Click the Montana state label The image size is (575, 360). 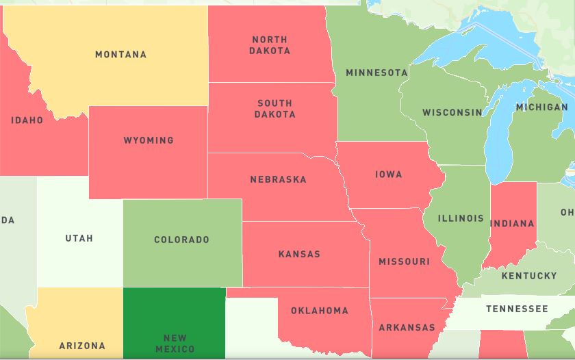(120, 55)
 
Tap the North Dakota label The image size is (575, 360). (269, 45)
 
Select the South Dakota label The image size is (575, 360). (274, 109)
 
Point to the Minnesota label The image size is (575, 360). (376, 73)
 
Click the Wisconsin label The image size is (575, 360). (452, 112)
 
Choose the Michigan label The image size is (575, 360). (541, 107)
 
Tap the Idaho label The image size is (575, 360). (27, 120)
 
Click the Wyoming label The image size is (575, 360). (149, 140)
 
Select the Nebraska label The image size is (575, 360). (278, 180)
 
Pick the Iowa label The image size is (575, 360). (388, 175)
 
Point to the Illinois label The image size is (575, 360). (461, 218)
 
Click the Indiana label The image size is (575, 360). (512, 223)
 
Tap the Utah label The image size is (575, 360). (79, 239)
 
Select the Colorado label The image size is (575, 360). (181, 240)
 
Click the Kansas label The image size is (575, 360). (299, 255)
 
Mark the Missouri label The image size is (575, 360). (404, 261)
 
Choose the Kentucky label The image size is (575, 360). (529, 276)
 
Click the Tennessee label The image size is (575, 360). (517, 309)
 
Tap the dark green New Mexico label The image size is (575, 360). (175, 344)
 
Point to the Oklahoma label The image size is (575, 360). (319, 311)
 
